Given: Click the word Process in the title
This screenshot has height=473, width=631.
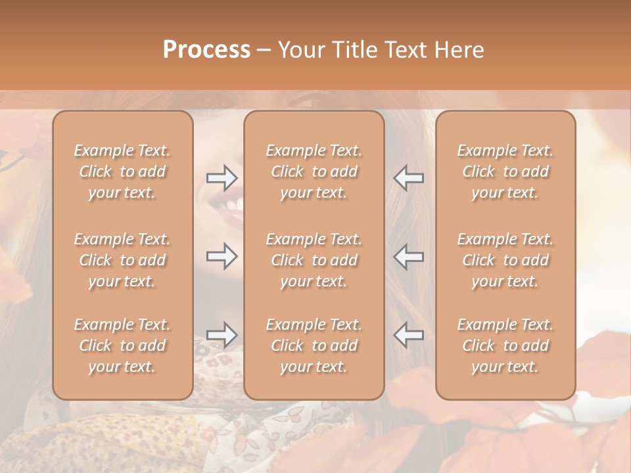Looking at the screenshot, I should [x=206, y=50].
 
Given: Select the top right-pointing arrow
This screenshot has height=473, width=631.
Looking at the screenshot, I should [x=222, y=177].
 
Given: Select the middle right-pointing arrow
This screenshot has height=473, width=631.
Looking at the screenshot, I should [x=222, y=256].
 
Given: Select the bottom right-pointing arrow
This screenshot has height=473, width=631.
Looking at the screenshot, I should [x=222, y=335].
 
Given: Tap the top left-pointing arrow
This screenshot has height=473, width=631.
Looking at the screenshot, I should [x=408, y=178].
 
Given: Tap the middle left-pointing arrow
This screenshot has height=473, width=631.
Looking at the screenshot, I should [x=408, y=256].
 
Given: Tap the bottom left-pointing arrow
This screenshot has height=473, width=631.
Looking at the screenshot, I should [x=408, y=335].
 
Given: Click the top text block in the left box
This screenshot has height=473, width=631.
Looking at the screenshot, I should [x=122, y=171].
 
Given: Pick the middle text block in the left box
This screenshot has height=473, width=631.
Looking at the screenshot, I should [x=122, y=260].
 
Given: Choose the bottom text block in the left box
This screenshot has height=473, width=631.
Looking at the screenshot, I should [x=122, y=346].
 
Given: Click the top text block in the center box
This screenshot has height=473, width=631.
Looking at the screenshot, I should [x=314, y=171].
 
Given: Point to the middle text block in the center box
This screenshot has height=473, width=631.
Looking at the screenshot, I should [x=314, y=260].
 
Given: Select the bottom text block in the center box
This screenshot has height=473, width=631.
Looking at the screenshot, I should [x=314, y=346].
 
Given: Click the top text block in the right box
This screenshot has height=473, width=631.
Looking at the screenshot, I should [x=505, y=171].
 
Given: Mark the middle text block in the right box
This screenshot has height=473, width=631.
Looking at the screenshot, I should [x=505, y=260].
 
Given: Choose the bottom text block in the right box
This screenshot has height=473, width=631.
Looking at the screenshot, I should [x=505, y=346].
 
